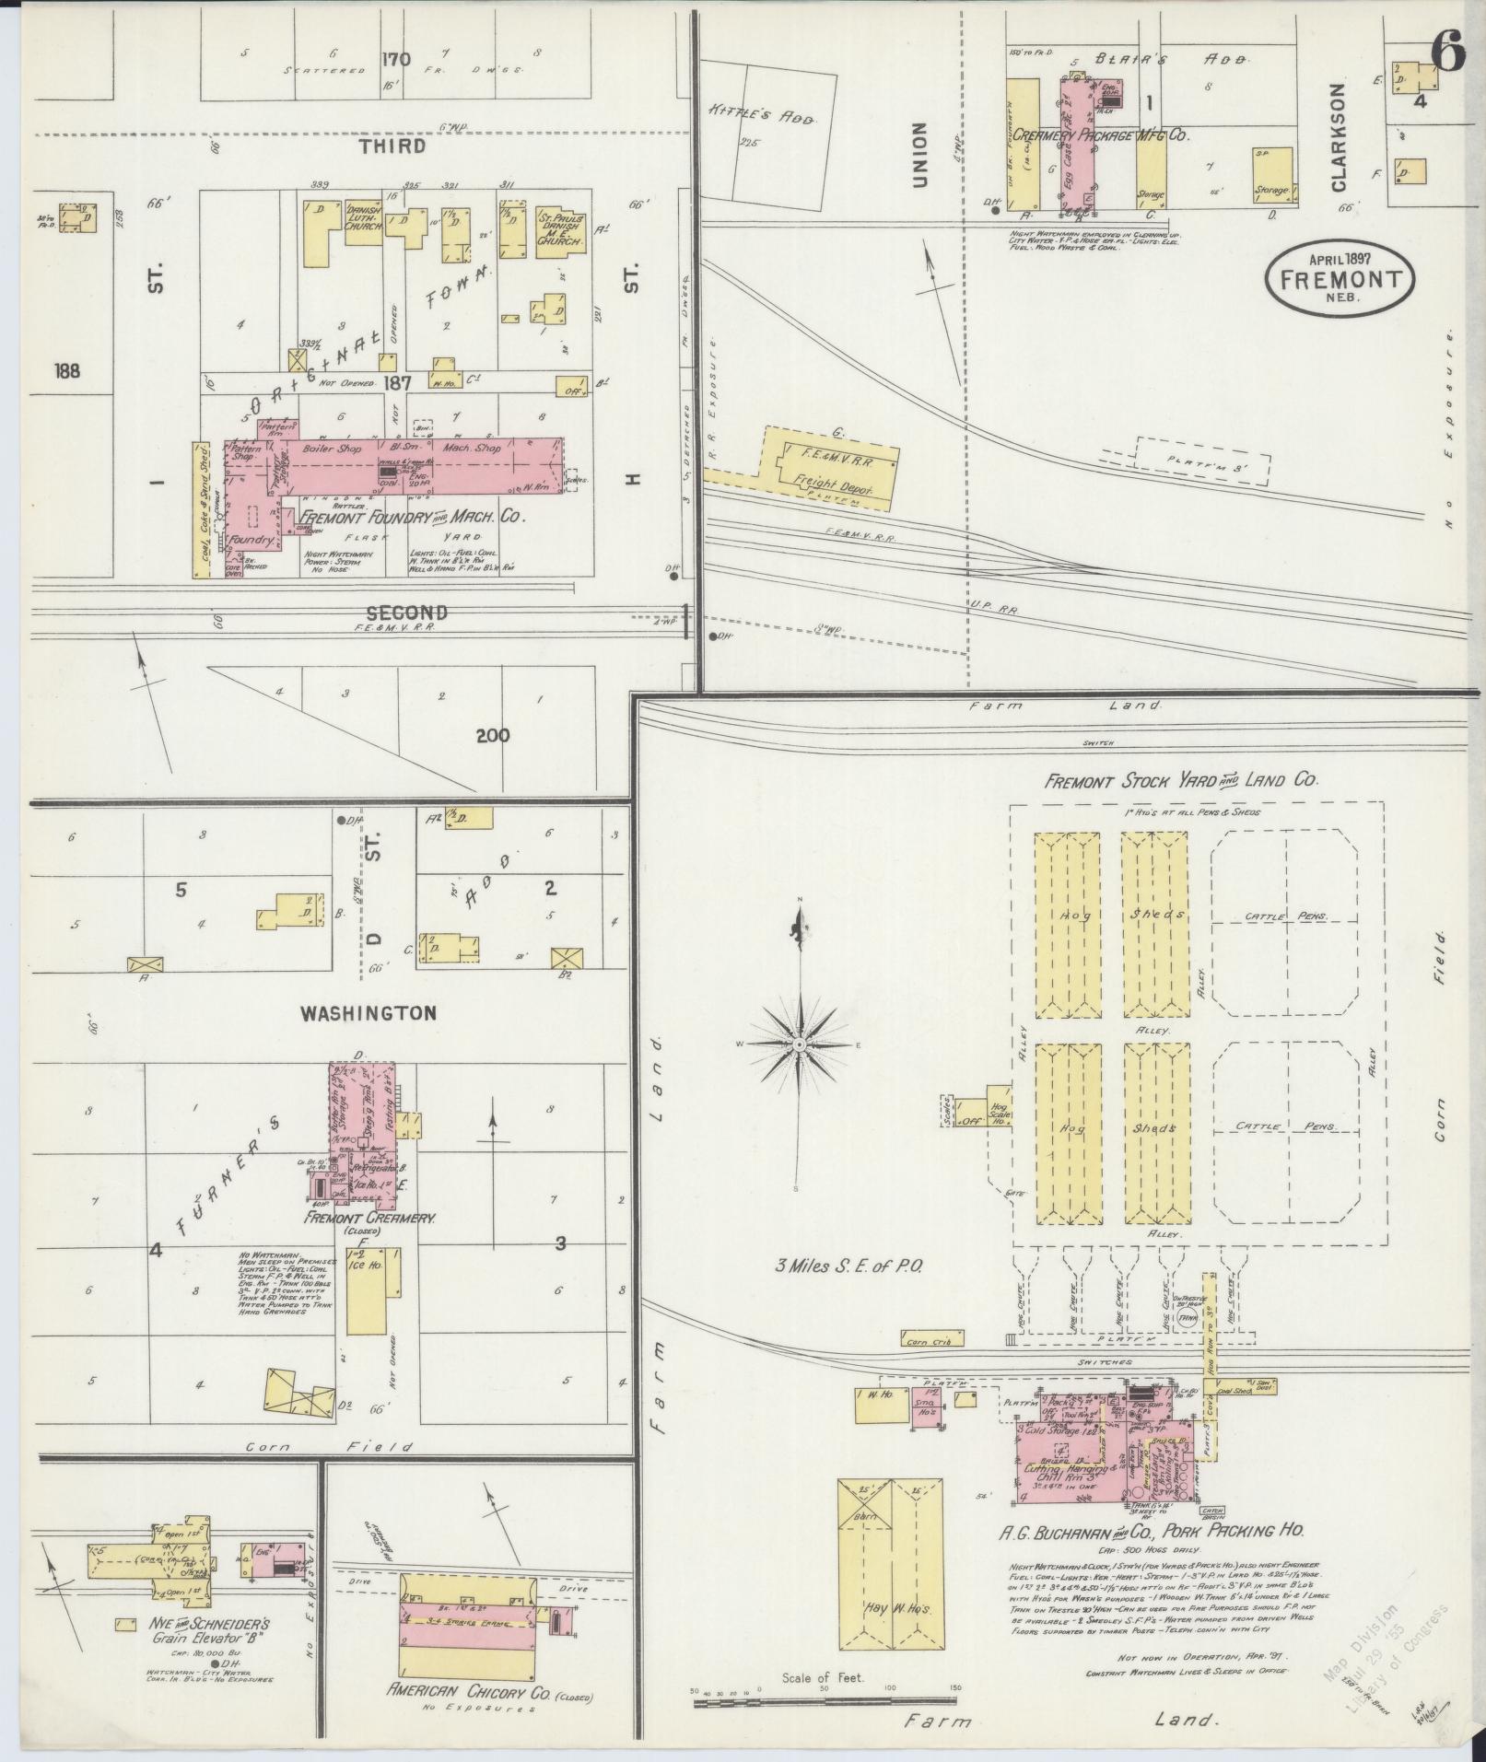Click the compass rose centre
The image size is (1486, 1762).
[x=800, y=1045]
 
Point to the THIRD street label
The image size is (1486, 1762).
[x=392, y=146]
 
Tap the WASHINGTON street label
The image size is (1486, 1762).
[x=367, y=1013]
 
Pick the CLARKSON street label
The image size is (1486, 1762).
[x=1339, y=137]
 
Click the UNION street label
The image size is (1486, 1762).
[x=919, y=156]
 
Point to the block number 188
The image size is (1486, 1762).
[x=67, y=371]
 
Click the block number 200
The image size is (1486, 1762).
[x=493, y=735]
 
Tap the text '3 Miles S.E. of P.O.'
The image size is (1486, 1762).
[x=848, y=1266]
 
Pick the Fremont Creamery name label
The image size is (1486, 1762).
[x=371, y=1218]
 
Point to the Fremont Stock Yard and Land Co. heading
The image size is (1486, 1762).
[x=1181, y=780]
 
